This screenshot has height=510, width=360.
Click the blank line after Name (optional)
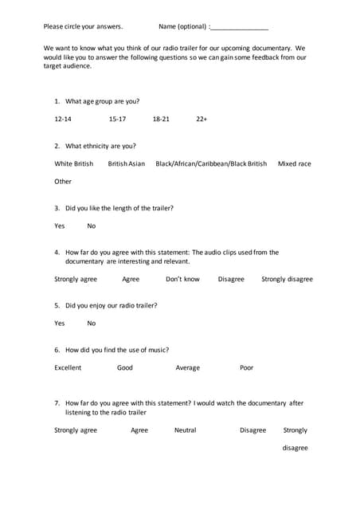[x=240, y=27]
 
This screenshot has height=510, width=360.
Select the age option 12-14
[x=63, y=120]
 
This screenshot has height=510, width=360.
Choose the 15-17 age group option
[x=117, y=120]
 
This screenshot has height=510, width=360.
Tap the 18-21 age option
[x=161, y=120]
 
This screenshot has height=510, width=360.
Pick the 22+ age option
[x=202, y=120]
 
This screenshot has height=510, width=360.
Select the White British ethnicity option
[x=73, y=164]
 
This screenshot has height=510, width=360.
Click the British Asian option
[x=127, y=164]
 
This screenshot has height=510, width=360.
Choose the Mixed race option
[x=294, y=164]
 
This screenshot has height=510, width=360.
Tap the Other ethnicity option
[x=63, y=182]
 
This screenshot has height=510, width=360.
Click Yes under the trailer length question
[x=60, y=226]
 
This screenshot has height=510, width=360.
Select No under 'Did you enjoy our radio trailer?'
[x=92, y=324]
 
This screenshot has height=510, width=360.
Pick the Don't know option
[x=182, y=280]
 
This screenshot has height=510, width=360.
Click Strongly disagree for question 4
[x=287, y=280]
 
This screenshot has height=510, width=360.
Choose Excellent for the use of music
[x=68, y=368]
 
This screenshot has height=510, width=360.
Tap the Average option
[x=188, y=368]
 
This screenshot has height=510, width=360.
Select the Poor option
[x=247, y=368]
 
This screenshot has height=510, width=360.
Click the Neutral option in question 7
[x=185, y=430]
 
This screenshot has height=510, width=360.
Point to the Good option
[x=125, y=368]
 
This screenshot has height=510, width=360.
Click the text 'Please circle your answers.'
[x=83, y=27]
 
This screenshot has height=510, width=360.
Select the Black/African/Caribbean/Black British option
[x=211, y=164]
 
